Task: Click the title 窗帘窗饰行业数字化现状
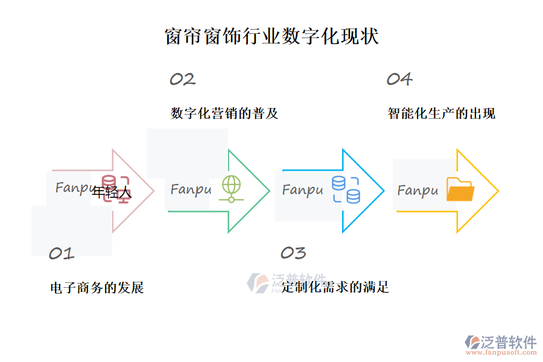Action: pyautogui.click(x=271, y=36)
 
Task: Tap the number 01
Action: pyautogui.click(x=61, y=253)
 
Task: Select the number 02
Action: pyautogui.click(x=182, y=79)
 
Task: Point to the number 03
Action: pyautogui.click(x=293, y=253)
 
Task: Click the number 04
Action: pyautogui.click(x=399, y=79)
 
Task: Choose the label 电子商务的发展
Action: pyautogui.click(x=97, y=288)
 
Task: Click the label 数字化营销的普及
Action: pyautogui.click(x=224, y=113)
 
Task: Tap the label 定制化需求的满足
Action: pyautogui.click(x=335, y=287)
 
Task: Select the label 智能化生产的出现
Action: pyautogui.click(x=441, y=113)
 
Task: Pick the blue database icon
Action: pyautogui.click(x=345, y=189)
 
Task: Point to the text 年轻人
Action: pyautogui.click(x=112, y=193)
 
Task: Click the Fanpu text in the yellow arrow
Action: pyautogui.click(x=418, y=191)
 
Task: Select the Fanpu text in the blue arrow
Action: pyautogui.click(x=303, y=190)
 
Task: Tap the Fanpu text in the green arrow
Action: pyautogui.click(x=191, y=189)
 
